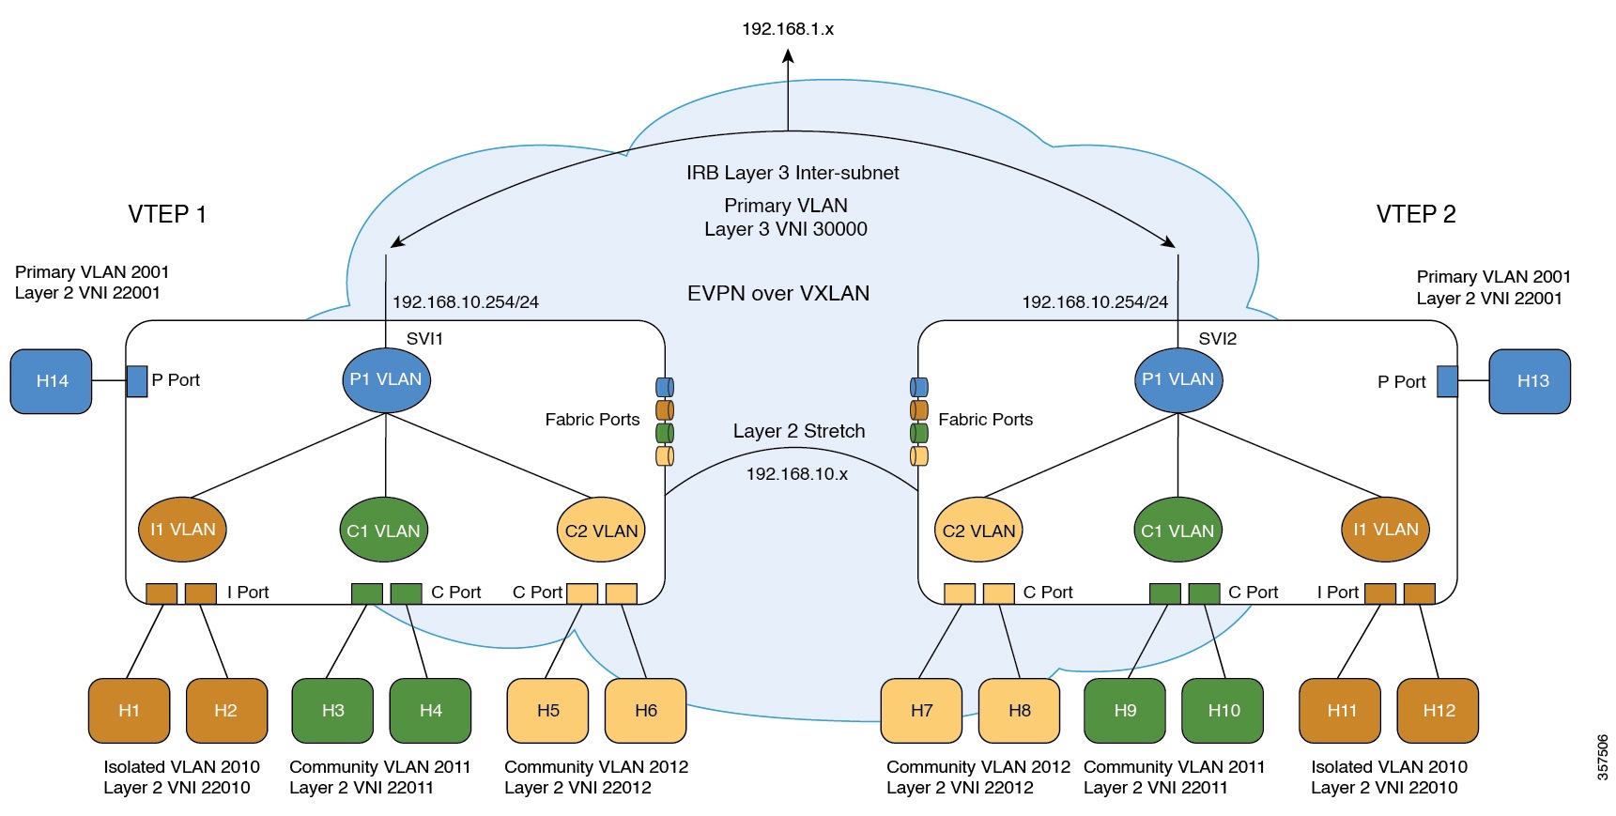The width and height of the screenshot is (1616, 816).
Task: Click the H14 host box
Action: (51, 381)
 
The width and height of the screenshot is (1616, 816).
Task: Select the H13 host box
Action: (1530, 381)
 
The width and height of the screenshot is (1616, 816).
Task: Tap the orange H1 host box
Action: (129, 711)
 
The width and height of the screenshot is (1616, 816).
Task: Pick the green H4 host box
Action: (430, 711)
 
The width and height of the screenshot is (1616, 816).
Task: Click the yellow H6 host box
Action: (645, 711)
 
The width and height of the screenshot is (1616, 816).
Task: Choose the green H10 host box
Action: (1223, 711)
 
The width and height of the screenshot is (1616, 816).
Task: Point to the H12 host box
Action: (1438, 711)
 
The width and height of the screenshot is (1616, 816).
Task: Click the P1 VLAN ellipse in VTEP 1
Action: (386, 379)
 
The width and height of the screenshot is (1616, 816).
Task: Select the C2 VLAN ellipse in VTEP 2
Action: (978, 531)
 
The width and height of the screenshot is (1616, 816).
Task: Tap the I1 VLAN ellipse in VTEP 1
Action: (182, 530)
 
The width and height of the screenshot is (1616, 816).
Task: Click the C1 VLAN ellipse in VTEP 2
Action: (1177, 531)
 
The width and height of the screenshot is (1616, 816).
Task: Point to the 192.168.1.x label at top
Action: (787, 29)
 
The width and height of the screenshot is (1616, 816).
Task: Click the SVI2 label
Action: (1217, 339)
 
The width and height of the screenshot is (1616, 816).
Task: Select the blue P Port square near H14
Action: (137, 381)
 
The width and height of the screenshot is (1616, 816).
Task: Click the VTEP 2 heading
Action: (1415, 214)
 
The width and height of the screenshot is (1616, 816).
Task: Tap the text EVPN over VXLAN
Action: (777, 293)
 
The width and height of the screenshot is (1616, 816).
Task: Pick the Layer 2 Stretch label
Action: (798, 431)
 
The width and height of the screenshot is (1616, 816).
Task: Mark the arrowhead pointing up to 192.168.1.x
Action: (788, 56)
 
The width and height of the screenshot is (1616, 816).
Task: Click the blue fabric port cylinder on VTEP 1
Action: (664, 387)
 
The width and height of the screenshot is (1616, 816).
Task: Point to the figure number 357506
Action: (1602, 757)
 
